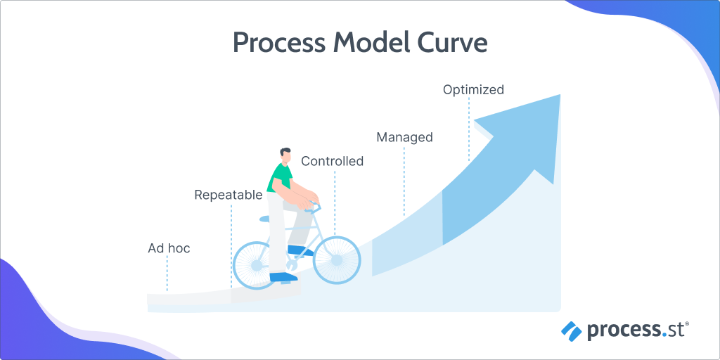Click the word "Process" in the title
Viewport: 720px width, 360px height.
(278, 43)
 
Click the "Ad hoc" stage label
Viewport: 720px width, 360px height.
(169, 248)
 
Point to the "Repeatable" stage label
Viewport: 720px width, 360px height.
(228, 195)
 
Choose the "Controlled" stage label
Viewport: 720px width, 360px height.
(332, 161)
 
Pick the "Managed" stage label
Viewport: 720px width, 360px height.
(404, 137)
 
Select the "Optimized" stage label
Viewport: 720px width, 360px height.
(473, 89)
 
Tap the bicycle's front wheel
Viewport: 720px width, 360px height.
(337, 260)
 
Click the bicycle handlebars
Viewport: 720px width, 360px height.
(314, 206)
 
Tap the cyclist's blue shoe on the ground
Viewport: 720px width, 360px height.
(283, 277)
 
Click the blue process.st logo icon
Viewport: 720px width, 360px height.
(572, 329)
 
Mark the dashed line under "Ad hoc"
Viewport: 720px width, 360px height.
(167, 274)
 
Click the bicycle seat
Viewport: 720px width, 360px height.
(266, 219)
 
